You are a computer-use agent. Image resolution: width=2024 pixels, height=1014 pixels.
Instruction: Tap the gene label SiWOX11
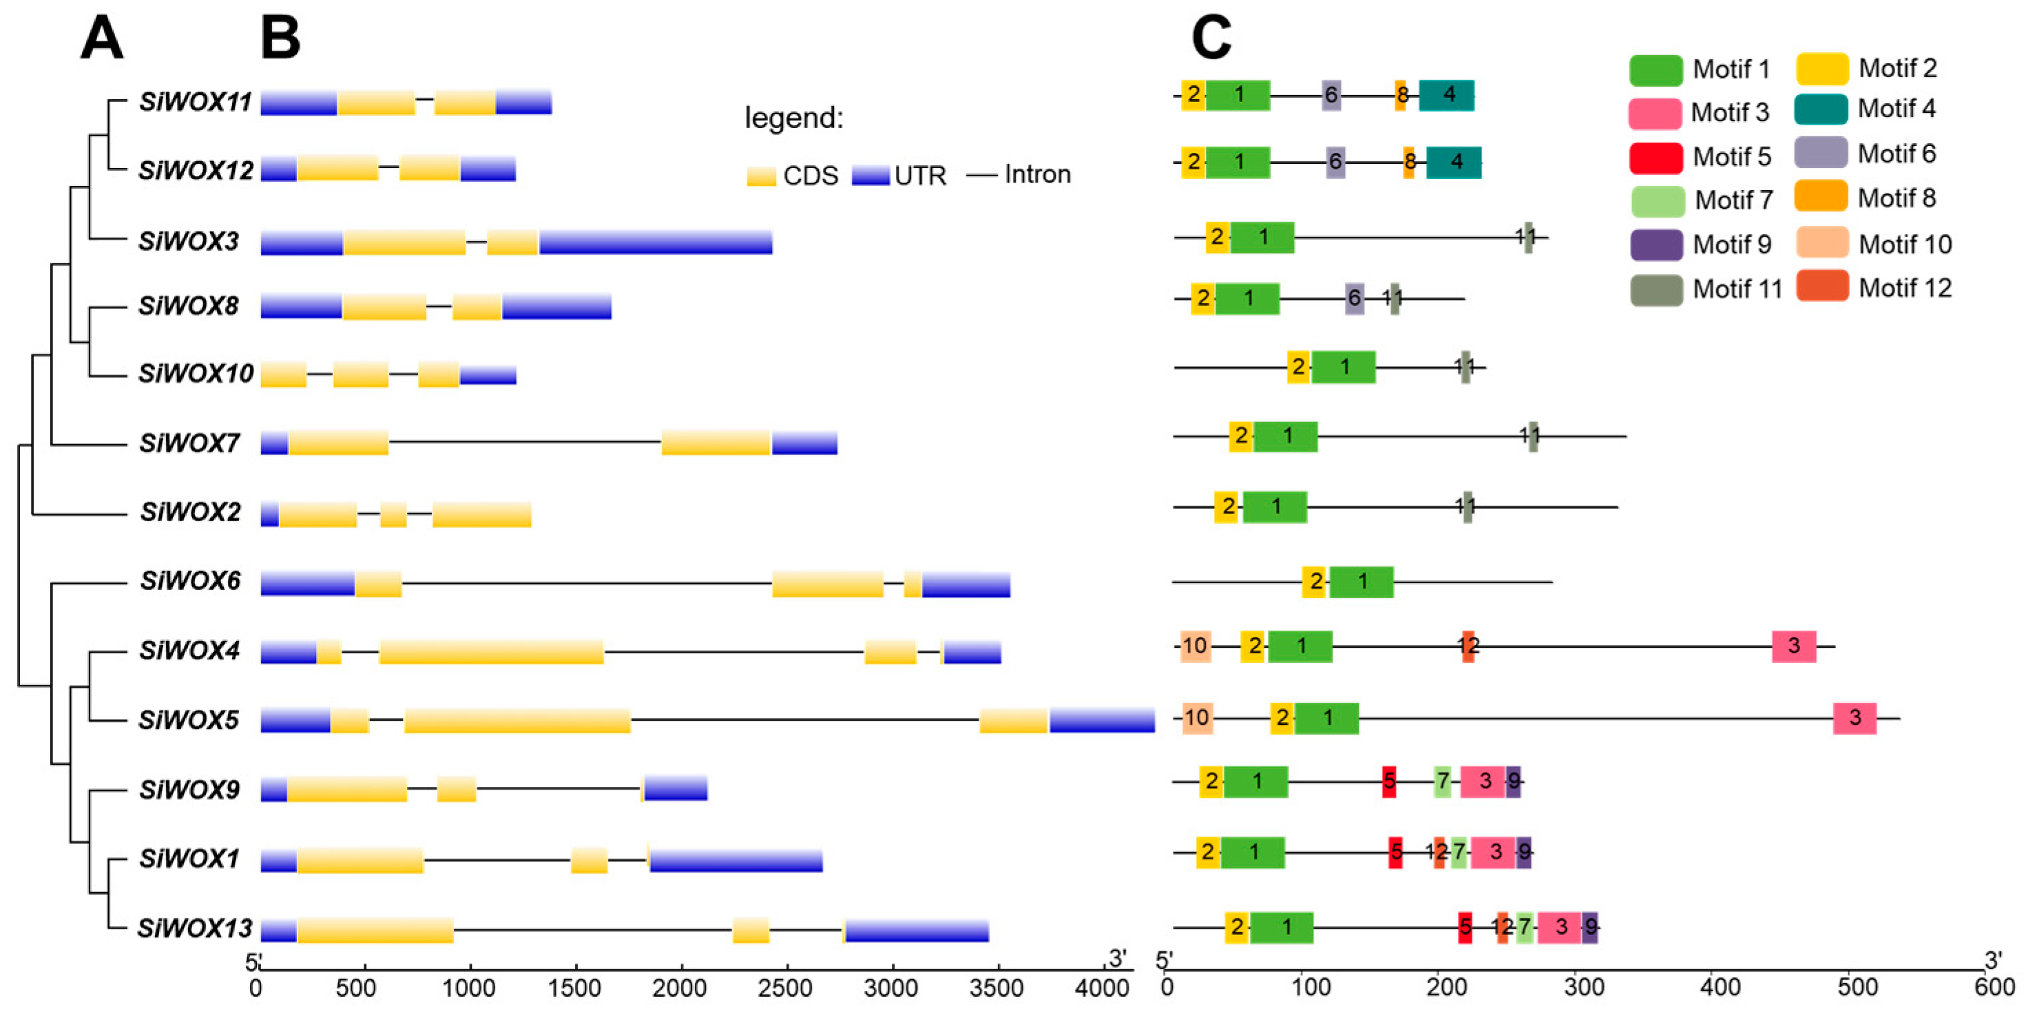(195, 102)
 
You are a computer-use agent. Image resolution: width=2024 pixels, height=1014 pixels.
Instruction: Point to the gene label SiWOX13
(195, 929)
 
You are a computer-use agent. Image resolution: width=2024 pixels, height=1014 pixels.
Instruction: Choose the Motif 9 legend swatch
(1656, 245)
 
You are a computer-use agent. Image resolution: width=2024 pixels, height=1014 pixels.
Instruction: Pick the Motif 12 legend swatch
(1822, 286)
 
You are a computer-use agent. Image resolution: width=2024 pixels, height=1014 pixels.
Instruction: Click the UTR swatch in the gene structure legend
(870, 175)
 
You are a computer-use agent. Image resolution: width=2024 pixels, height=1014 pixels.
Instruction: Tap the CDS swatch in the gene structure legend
(760, 175)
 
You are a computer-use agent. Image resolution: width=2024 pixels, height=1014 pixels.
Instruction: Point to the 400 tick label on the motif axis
(1719, 986)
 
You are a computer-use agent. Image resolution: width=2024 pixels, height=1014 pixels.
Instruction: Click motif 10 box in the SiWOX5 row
(1197, 718)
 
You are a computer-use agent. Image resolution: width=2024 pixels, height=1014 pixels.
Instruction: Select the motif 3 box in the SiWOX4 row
(1793, 646)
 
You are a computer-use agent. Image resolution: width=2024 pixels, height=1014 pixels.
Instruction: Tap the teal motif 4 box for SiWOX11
(1446, 95)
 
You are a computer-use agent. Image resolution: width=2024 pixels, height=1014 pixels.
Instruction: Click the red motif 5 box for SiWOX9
(1388, 781)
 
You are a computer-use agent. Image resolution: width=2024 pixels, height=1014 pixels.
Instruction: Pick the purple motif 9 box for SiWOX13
(1589, 927)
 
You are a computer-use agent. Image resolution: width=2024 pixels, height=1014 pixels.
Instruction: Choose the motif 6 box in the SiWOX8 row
(1354, 299)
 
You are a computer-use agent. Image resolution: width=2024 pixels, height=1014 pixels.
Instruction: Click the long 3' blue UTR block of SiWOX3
(656, 243)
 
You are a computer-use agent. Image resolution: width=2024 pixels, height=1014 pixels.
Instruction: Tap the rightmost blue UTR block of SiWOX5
(1102, 720)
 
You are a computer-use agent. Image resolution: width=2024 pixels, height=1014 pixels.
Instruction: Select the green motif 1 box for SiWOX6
(1361, 582)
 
